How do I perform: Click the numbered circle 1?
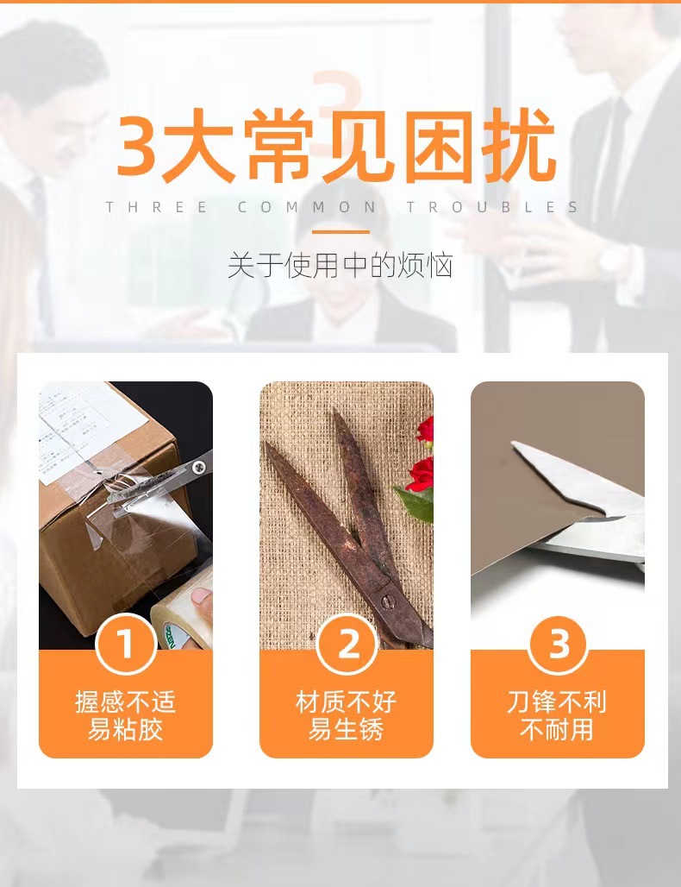pos(126,644)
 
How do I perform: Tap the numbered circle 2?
pos(347,644)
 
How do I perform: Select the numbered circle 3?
pos(559,644)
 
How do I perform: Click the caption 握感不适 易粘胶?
pos(126,715)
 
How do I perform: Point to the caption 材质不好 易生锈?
pos(347,715)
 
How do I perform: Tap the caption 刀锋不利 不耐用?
pos(557,715)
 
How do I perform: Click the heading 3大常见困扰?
pos(337,146)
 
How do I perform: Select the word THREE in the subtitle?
pos(156,207)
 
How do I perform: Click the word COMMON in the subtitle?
pos(307,207)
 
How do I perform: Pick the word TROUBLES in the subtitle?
pos(492,207)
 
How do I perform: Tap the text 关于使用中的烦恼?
pos(340,265)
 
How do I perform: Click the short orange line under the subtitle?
pos(340,231)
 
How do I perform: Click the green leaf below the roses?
pos(415,503)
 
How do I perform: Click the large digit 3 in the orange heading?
pos(136,146)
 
